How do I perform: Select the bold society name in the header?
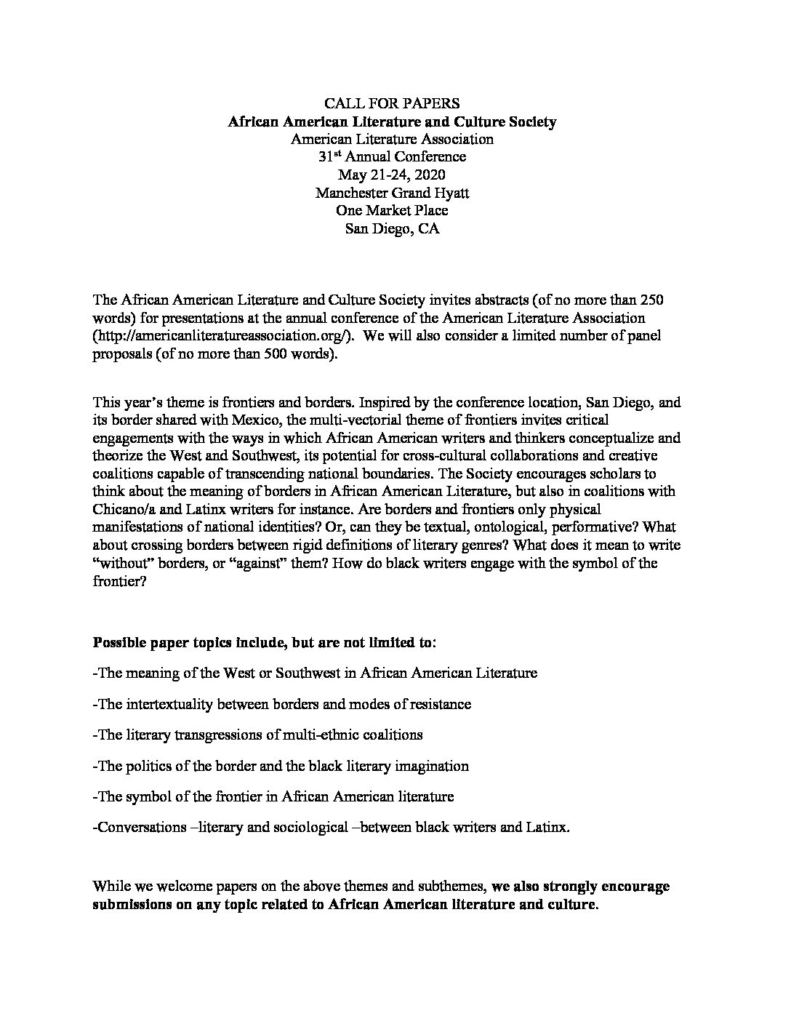[x=392, y=121]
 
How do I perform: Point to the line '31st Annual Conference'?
[x=392, y=156]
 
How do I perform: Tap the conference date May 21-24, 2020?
[x=392, y=175]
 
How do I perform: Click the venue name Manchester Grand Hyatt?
[x=392, y=193]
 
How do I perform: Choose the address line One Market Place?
[x=392, y=210]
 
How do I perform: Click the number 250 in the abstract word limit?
[x=648, y=300]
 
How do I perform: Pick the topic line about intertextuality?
[x=282, y=704]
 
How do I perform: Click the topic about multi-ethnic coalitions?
[x=258, y=735]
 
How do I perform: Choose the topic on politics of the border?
[x=281, y=766]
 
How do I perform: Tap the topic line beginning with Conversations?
[x=332, y=827]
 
